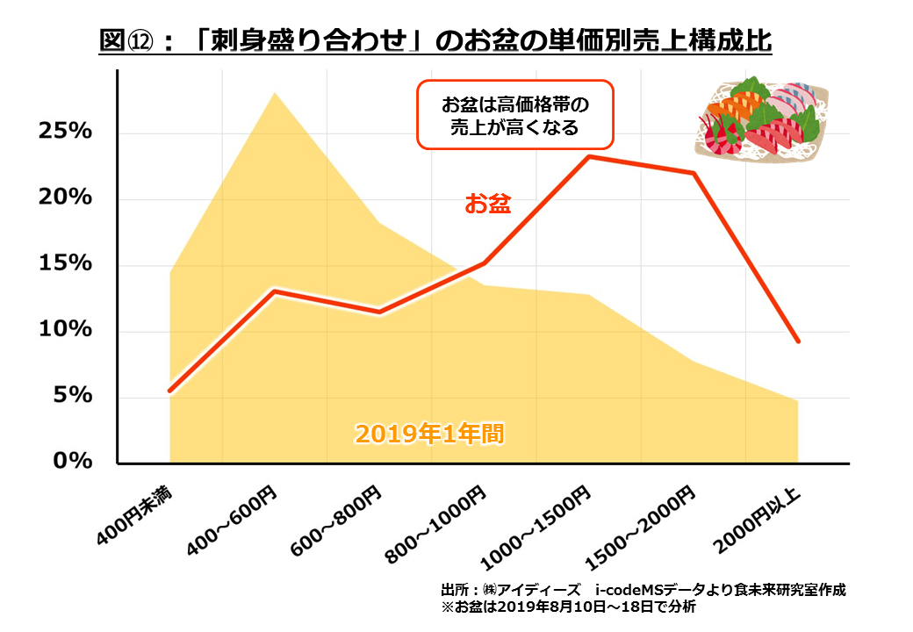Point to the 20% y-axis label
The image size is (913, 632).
(x=65, y=197)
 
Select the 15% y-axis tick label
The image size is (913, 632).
(x=65, y=263)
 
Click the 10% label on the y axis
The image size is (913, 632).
(x=65, y=329)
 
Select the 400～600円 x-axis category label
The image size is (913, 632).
(x=233, y=518)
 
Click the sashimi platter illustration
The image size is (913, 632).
(x=760, y=122)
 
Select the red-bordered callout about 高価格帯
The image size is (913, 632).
(x=514, y=116)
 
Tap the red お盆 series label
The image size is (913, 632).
(x=487, y=205)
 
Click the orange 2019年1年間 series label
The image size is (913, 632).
(x=429, y=433)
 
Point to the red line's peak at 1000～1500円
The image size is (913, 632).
(x=588, y=156)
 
